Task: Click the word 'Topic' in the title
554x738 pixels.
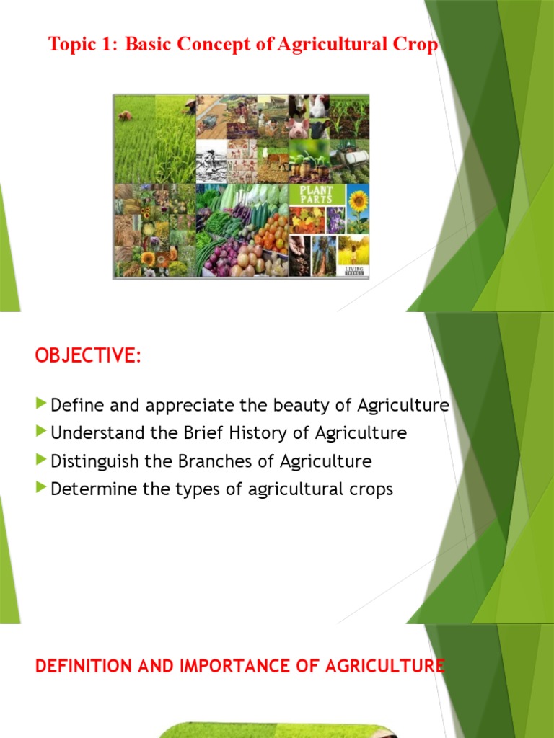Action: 71,45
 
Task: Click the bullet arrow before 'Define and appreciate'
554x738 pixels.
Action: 42,404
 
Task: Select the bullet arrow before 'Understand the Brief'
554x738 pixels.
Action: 42,432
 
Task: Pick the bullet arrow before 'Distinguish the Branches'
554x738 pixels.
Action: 42,461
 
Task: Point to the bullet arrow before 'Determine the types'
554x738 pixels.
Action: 42,489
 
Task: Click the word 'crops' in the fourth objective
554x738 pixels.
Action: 369,490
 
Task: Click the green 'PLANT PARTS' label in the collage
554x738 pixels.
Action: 312,195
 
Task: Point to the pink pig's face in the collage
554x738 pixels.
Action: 298,129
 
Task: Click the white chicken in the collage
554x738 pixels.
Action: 318,107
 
